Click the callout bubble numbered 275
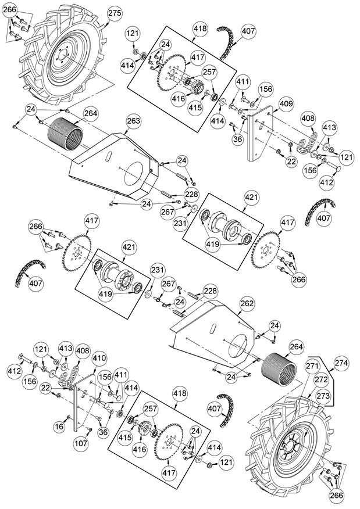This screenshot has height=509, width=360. tap(115, 13)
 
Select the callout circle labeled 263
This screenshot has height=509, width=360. tap(134, 121)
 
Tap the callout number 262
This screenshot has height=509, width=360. tap(248, 304)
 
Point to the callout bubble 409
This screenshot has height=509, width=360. tap(286, 104)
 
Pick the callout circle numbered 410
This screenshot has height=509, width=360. tap(99, 358)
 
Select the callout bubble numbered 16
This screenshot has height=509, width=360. tap(59, 426)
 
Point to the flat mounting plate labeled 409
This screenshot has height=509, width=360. tap(260, 133)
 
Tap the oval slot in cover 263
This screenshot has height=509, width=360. tap(108, 156)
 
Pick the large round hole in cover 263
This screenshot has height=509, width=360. tap(135, 177)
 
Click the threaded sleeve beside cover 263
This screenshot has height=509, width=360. tap(65, 134)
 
